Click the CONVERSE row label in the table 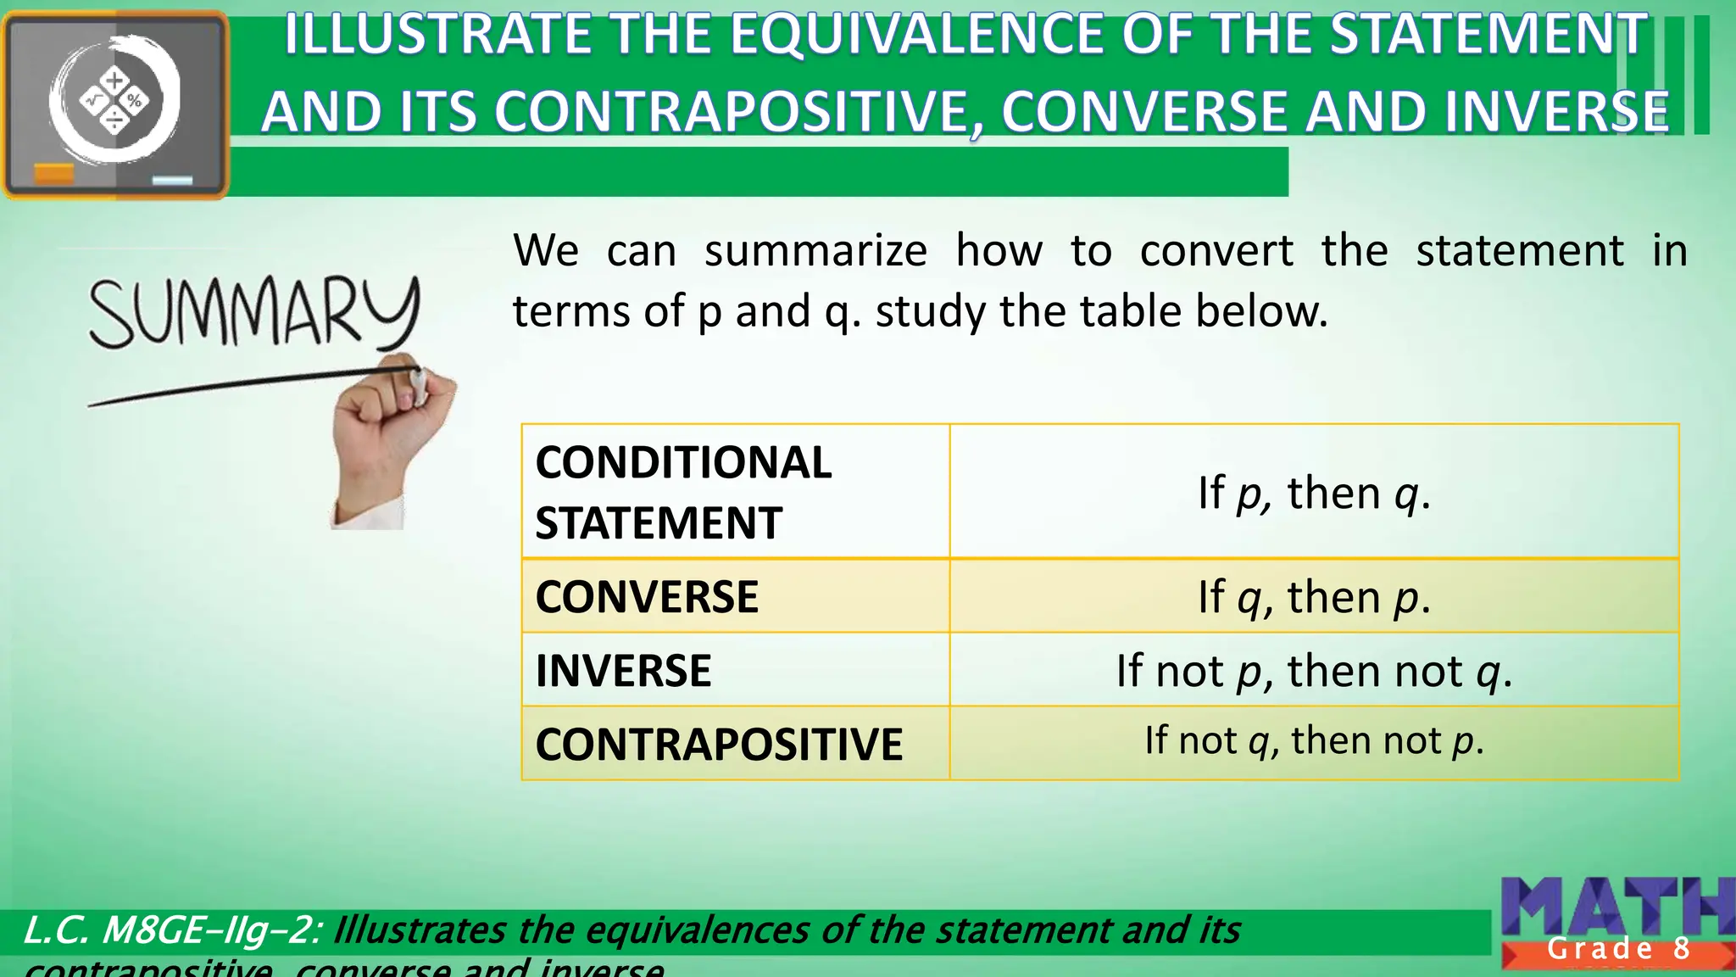647,596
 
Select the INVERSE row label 623,670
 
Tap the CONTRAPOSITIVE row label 719,744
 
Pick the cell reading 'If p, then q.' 1314,493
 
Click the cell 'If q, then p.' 1314,597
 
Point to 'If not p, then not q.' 1314,671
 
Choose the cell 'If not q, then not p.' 1314,740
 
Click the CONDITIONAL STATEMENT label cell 683,492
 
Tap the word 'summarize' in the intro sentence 815,251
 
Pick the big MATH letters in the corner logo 1615,907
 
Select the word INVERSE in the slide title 1556,112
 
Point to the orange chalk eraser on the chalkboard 53,174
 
